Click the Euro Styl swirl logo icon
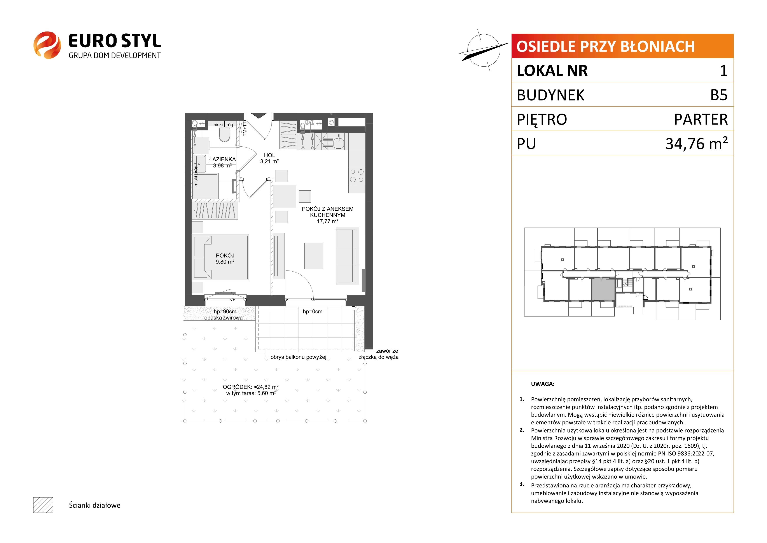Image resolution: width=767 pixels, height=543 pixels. coord(47,45)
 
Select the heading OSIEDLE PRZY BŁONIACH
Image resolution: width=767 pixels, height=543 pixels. coord(605,46)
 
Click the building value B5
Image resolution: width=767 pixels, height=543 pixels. coord(719,95)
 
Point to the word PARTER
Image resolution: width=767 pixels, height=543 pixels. coord(701,119)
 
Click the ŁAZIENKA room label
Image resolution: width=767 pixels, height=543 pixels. coord(222,160)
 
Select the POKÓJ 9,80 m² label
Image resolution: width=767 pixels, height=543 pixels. coord(225,258)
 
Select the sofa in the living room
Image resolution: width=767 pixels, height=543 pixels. coord(348,256)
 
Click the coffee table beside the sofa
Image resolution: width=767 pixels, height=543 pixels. coord(314,256)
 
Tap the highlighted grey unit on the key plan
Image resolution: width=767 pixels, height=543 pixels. coord(603,290)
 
